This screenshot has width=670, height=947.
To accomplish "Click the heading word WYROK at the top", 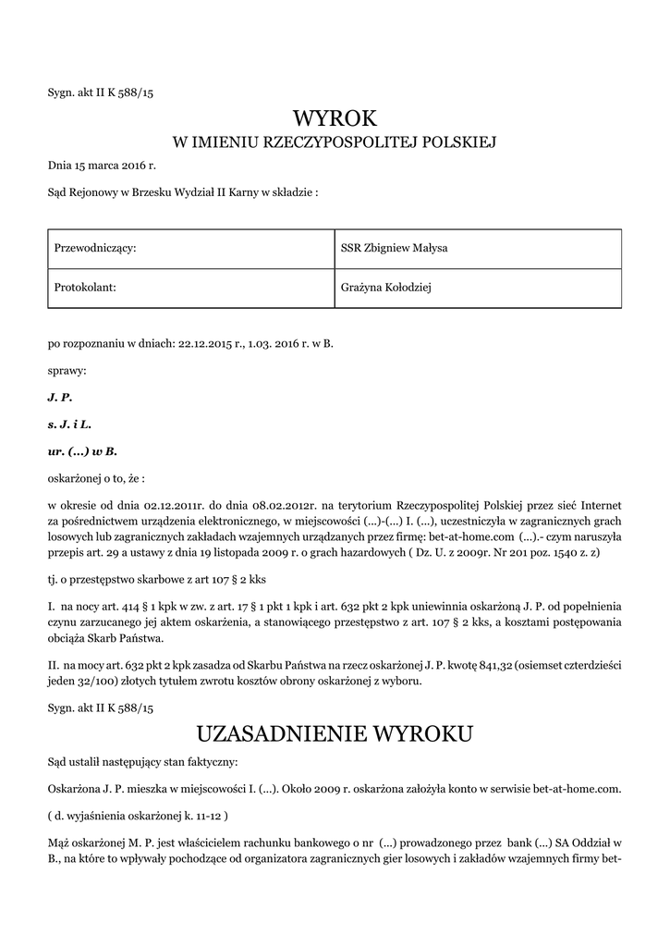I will click(335, 118).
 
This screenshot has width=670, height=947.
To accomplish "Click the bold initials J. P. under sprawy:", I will click(59, 397).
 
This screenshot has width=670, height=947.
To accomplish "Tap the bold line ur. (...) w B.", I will click(82, 451).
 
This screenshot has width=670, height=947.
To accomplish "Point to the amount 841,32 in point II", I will click(472, 666).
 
